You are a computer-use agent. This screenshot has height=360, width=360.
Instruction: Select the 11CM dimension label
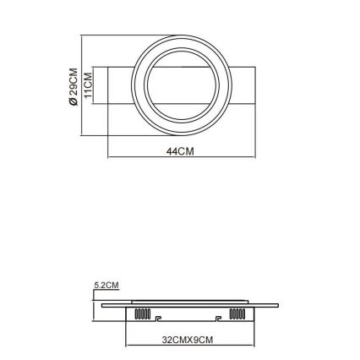point(87,85)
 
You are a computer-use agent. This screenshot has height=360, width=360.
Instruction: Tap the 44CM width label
point(181,151)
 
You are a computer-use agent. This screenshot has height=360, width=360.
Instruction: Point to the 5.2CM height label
point(106,286)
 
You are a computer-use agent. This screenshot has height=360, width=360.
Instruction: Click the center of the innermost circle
point(181,85)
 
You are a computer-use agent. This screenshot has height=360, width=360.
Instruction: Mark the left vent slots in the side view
point(141,315)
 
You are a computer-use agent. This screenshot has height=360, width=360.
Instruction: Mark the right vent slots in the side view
point(237,315)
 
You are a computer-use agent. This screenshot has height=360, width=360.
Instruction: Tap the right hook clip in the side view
point(219,319)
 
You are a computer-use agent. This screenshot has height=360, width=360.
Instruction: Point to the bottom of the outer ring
point(181,133)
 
